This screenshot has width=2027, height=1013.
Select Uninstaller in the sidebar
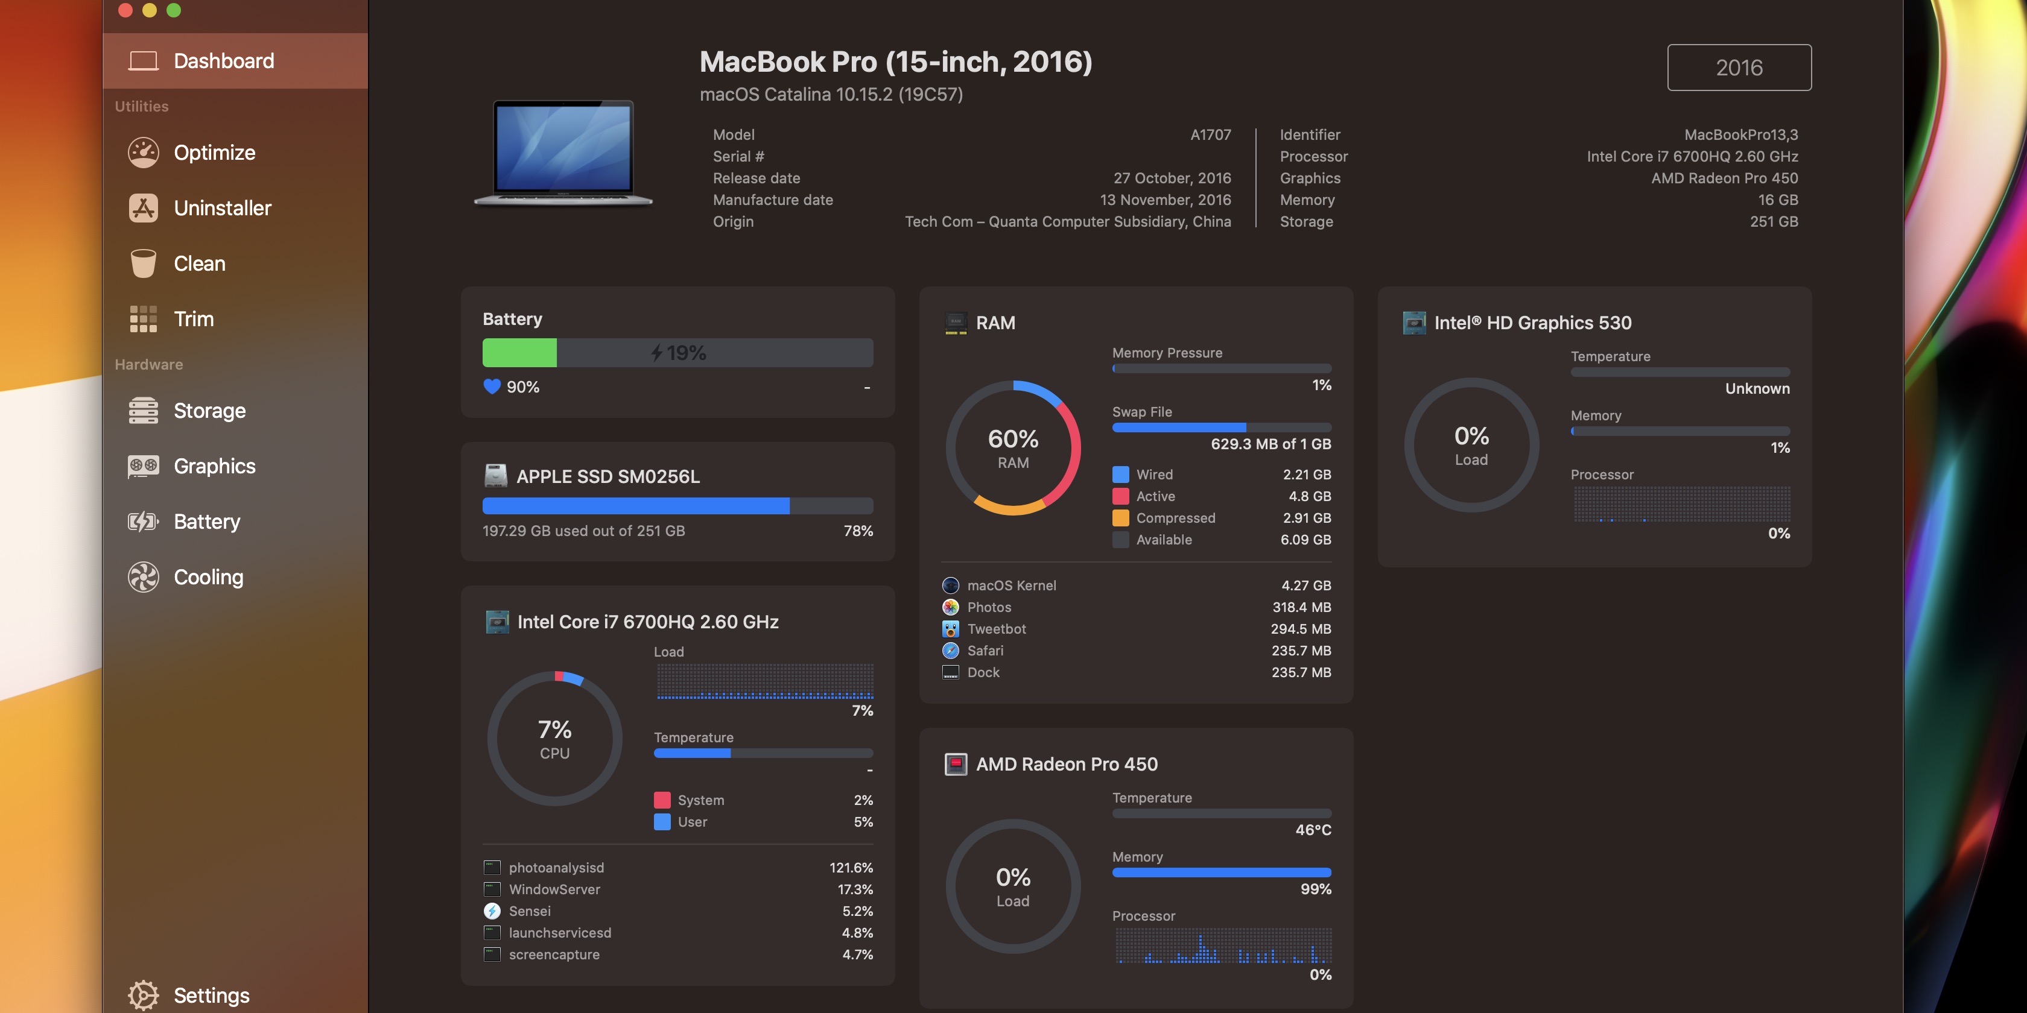click(222, 209)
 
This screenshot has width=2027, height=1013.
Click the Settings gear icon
click(143, 995)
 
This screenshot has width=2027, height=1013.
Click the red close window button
click(125, 10)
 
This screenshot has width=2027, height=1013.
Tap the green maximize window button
click(174, 10)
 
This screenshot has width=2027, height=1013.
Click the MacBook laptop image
click(563, 153)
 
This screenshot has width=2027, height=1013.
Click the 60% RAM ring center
click(1013, 448)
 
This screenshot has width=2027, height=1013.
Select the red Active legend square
click(1120, 496)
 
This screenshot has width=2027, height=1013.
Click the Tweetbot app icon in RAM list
click(951, 629)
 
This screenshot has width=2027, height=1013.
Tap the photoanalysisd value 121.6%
click(851, 868)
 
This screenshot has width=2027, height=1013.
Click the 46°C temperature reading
click(1313, 830)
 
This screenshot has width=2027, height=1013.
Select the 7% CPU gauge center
click(555, 739)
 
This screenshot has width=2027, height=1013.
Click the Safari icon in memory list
click(951, 651)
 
